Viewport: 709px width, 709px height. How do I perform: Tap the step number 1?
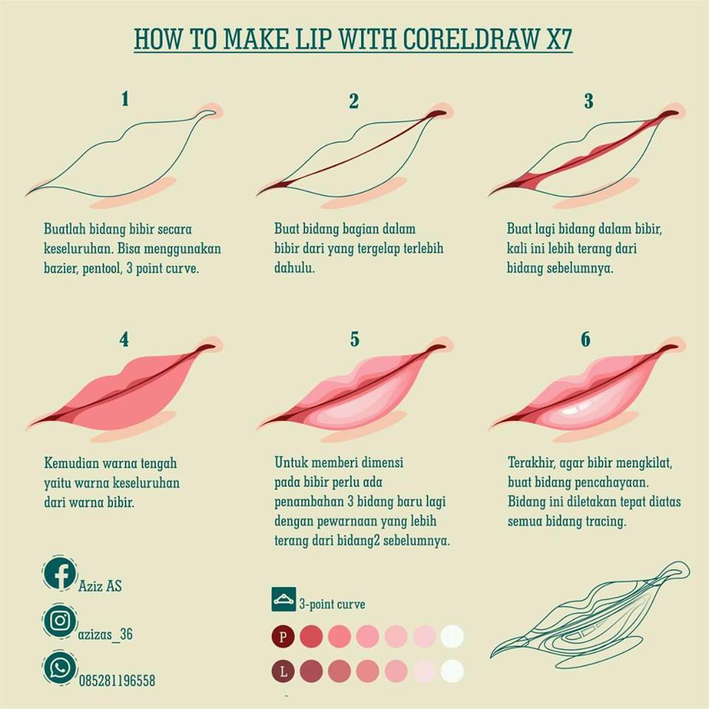[125, 98]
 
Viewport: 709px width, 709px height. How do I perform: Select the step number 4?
[124, 340]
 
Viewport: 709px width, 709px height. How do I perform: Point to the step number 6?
[586, 340]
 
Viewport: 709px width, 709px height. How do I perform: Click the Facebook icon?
[60, 574]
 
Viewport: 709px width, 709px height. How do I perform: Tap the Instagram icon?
[60, 620]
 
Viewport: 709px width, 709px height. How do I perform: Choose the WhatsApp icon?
[60, 668]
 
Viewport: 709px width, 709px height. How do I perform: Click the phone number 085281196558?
[117, 681]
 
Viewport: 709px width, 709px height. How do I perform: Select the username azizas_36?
[105, 634]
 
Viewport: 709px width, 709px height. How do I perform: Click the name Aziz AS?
[100, 586]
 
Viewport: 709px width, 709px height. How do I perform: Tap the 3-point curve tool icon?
[284, 600]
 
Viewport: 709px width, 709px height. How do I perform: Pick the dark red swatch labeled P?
[283, 636]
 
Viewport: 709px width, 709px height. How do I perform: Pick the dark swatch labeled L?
[283, 671]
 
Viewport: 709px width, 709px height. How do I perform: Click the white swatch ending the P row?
[452, 636]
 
